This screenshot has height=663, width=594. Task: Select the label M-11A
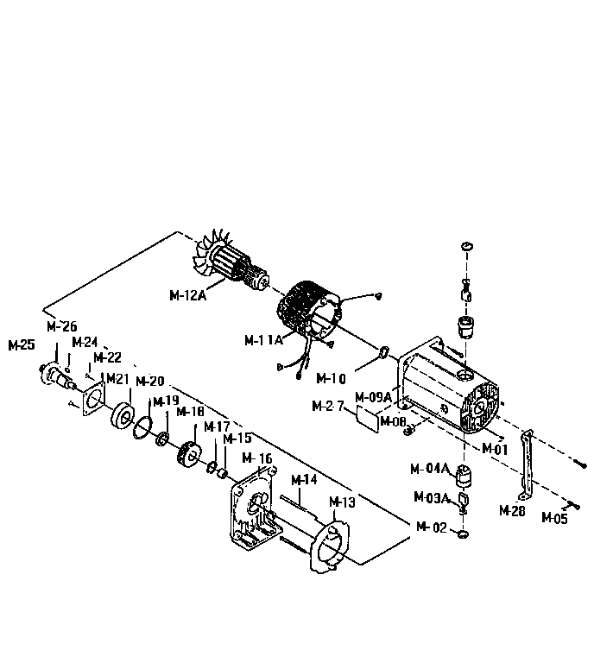coord(263,339)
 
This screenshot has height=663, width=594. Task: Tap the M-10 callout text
coord(332,378)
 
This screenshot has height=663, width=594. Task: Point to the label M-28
coord(512,510)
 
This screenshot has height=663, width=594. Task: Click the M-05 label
coord(555,518)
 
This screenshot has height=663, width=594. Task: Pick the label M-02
coord(432,527)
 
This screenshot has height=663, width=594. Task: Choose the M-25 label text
coord(22,345)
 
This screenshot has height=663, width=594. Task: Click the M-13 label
coord(343,502)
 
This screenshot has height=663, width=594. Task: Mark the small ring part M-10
coord(382,351)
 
